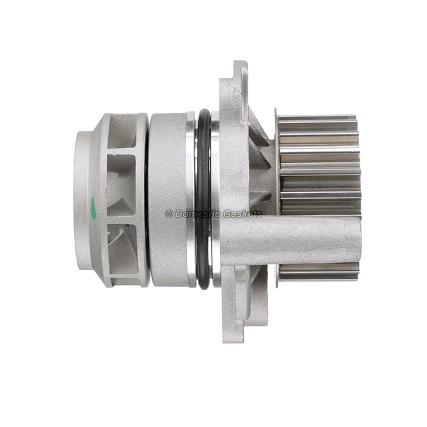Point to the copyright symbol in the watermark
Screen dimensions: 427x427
pyautogui.click(x=169, y=213)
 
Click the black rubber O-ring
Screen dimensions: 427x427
pyautogui.click(x=204, y=200)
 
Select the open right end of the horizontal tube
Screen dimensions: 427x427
pyautogui.click(x=357, y=241)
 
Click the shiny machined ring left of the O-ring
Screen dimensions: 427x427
pyautogui.click(x=191, y=200)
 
